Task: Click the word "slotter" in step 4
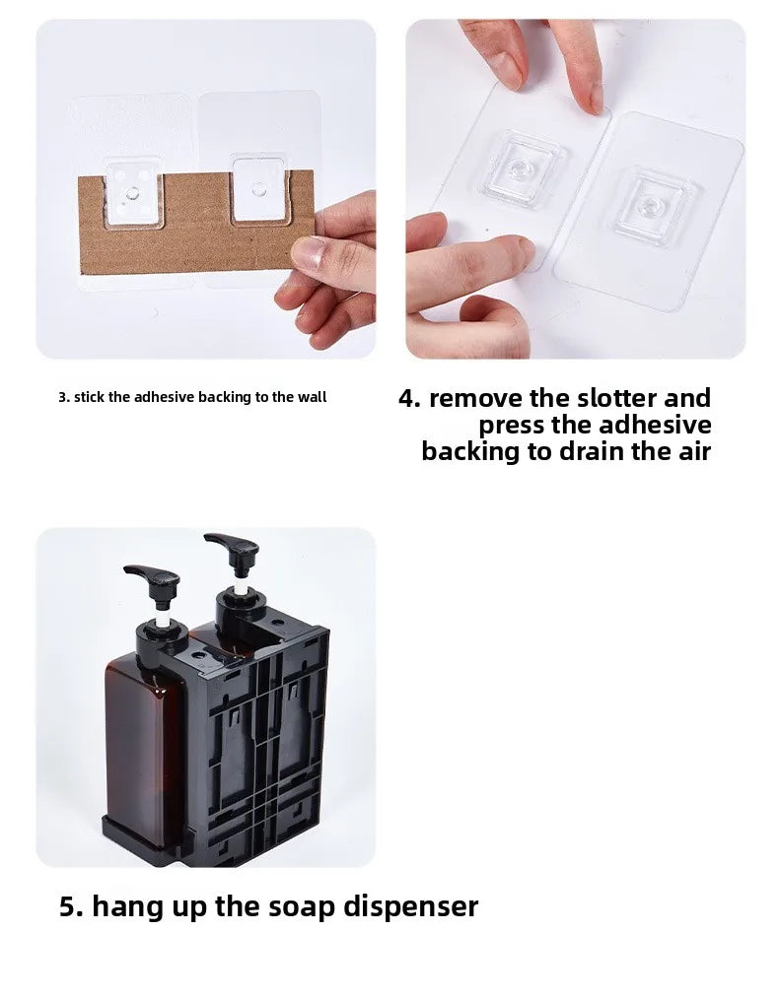tap(617, 398)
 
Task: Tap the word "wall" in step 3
tap(313, 397)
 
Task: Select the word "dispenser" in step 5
tap(411, 906)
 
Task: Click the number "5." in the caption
tap(71, 906)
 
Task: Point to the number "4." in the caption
tap(409, 398)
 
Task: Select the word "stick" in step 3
tap(90, 397)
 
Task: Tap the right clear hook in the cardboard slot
tap(258, 189)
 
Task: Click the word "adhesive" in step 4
tap(655, 425)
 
